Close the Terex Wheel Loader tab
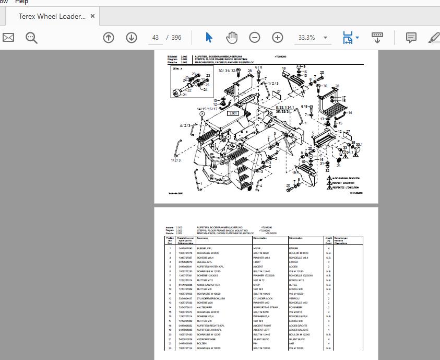tap(92, 16)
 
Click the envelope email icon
tap(8, 38)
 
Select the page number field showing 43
tap(156, 38)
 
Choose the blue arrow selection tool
tap(209, 38)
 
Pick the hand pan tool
tap(231, 38)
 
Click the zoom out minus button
tap(254, 38)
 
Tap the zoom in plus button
tap(277, 38)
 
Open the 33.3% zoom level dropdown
tap(325, 38)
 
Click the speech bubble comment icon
tap(411, 38)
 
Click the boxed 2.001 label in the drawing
tap(233, 113)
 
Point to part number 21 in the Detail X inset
tap(184, 95)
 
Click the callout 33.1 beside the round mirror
tap(359, 145)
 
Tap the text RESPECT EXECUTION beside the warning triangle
tap(342, 183)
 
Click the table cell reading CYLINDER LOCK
tap(264, 298)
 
